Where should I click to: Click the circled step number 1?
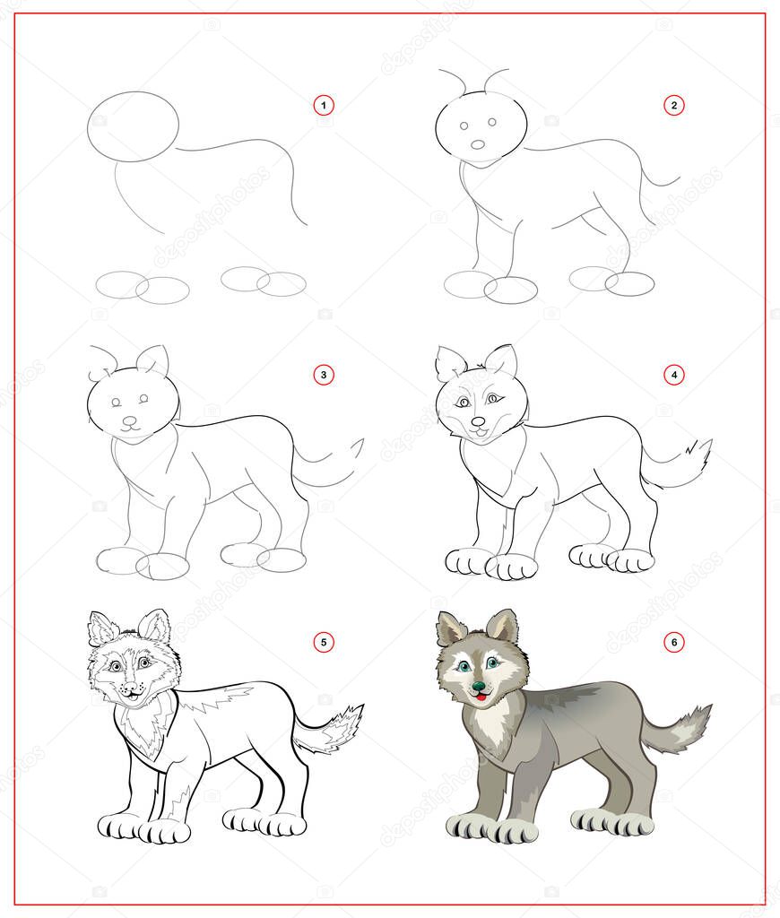pyautogui.click(x=324, y=106)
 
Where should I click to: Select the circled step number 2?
pyautogui.click(x=673, y=106)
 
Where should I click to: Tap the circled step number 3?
pyautogui.click(x=324, y=375)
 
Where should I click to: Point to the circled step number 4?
pyautogui.click(x=673, y=375)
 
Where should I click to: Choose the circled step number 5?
pyautogui.click(x=324, y=641)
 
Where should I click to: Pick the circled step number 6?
pyautogui.click(x=673, y=641)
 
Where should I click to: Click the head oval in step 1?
pyautogui.click(x=133, y=126)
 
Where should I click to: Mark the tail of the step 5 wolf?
pyautogui.click(x=335, y=729)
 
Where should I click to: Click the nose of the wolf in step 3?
pyautogui.click(x=131, y=420)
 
